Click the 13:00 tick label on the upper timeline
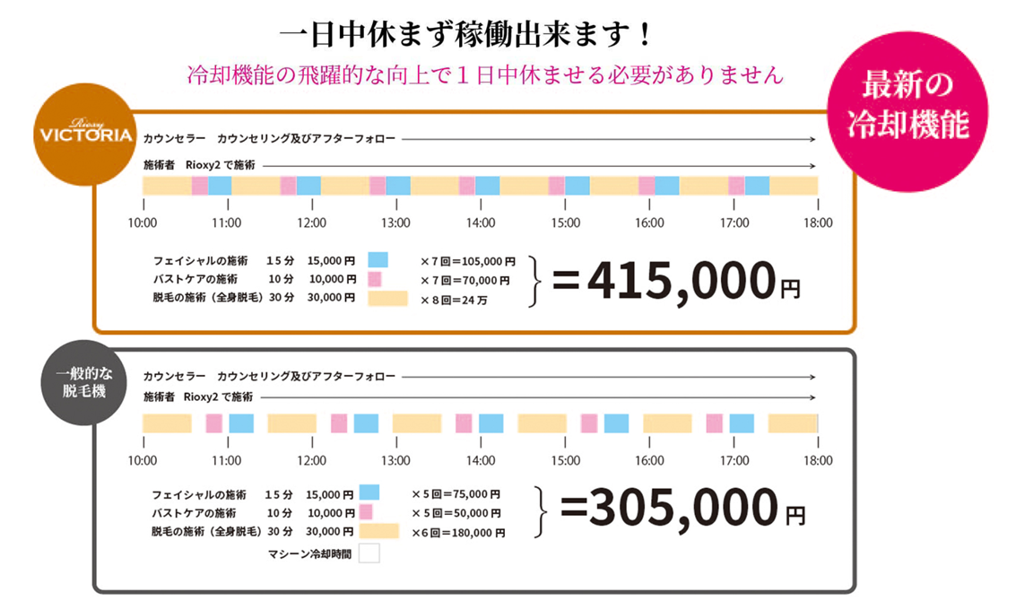pos(395,222)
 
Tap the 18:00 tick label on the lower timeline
pos(818,460)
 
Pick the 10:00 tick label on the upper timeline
pos(143,222)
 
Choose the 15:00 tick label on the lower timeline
pos(565,460)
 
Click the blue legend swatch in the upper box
pos(378,259)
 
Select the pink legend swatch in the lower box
pos(365,512)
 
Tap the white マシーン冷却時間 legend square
pos(369,553)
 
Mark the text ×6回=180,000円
pos(457,532)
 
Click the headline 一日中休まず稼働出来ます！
pos(465,37)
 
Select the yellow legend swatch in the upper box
pos(387,297)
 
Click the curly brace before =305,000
pos(540,512)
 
